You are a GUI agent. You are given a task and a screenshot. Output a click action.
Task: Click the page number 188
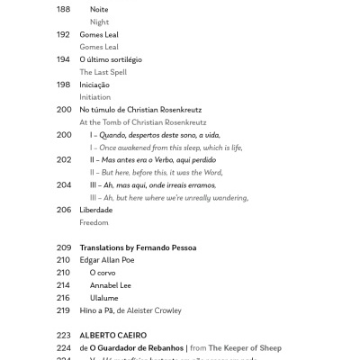pos(63,9)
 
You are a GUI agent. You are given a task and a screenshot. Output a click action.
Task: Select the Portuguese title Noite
pos(99,9)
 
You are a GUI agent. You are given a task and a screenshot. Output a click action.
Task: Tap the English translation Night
pos(99,22)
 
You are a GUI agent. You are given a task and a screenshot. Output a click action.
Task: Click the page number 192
pos(63,34)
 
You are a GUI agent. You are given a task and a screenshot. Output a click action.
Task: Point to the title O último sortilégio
pos(111,59)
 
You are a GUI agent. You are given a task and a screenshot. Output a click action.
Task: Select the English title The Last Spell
pos(106,72)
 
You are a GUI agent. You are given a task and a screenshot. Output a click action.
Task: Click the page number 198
pos(63,85)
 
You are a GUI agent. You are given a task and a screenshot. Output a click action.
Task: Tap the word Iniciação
pos(95,85)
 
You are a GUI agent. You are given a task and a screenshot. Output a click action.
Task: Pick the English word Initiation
pos(95,97)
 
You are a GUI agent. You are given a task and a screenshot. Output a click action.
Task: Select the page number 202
pos(63,159)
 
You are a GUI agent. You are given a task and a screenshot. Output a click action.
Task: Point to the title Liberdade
pos(96,210)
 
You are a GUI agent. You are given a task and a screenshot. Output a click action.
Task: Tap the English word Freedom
pos(94,222)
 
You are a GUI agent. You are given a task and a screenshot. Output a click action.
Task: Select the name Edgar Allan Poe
pos(107,260)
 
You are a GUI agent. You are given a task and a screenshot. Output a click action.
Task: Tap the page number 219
pos(63,310)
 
